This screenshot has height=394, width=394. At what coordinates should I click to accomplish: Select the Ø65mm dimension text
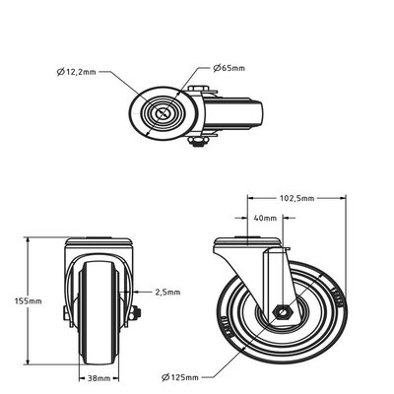click(230, 68)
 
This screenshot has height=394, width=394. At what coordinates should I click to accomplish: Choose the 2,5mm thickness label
click(167, 292)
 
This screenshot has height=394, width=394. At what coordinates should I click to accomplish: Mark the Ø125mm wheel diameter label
click(182, 376)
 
